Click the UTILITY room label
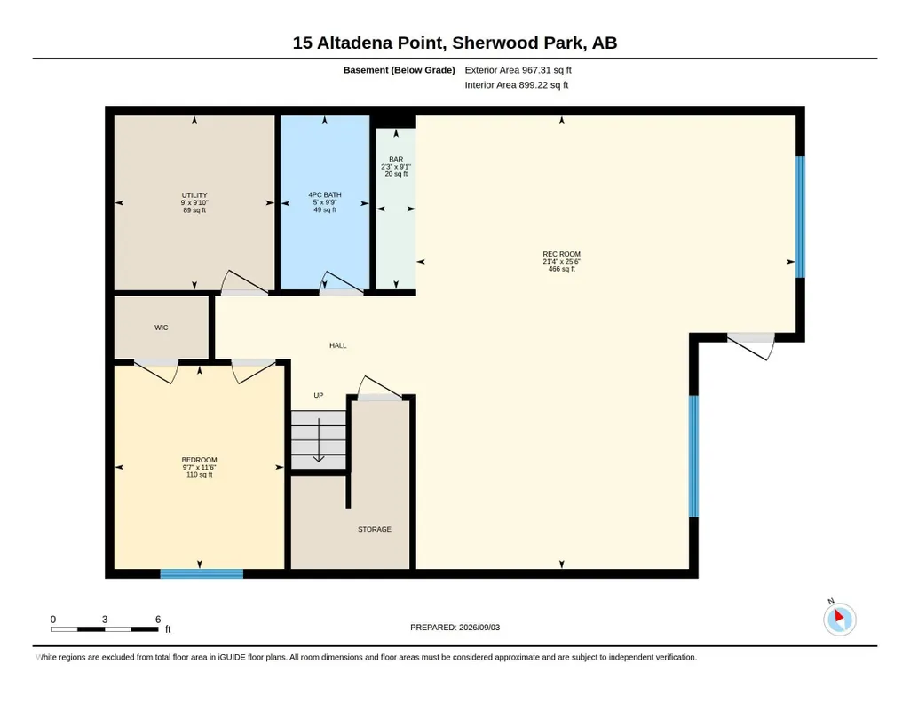point(194,195)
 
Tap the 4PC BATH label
point(324,195)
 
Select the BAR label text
point(396,159)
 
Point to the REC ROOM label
point(561,254)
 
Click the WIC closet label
point(162,328)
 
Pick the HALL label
point(337,345)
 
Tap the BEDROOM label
point(199,460)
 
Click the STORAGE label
point(375,529)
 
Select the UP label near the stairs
point(319,395)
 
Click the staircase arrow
point(319,439)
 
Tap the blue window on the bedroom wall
point(202,573)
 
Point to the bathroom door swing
point(341,283)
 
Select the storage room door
point(380,388)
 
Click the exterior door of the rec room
point(751,346)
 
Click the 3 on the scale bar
point(105,620)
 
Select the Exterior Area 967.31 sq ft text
point(518,70)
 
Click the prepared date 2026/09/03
point(479,627)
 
